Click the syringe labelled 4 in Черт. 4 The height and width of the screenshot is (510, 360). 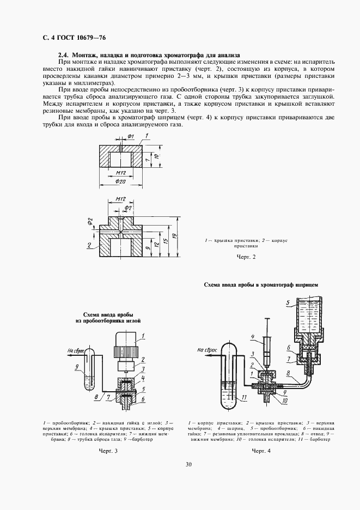[x=266, y=349]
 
